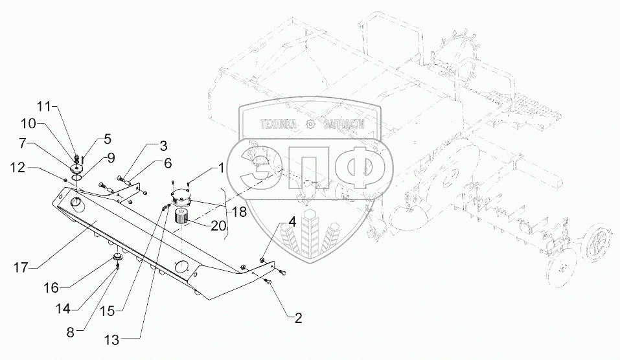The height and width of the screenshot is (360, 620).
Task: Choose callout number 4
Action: pyautogui.click(x=293, y=221)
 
